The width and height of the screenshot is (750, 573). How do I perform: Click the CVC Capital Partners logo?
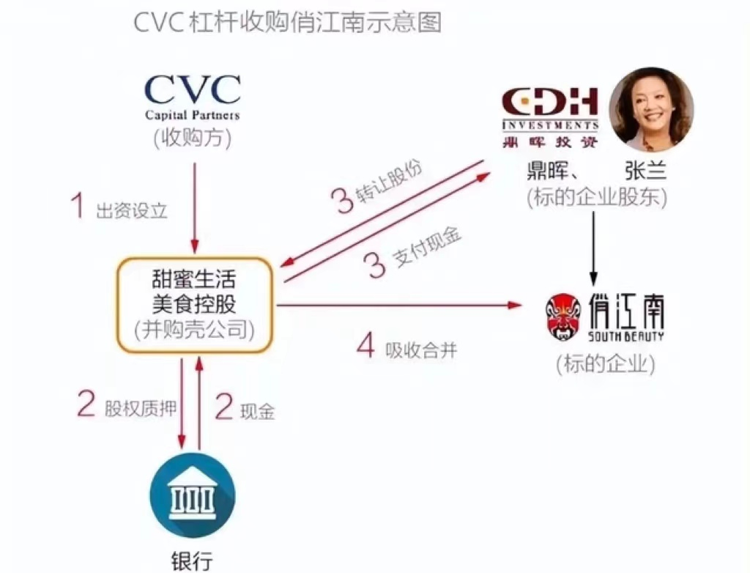pyautogui.click(x=193, y=96)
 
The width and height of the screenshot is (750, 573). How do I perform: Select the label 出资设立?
pyautogui.click(x=132, y=212)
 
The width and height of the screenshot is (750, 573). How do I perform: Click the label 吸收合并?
pyautogui.click(x=421, y=350)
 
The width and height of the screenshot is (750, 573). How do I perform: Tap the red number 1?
pyautogui.click(x=78, y=207)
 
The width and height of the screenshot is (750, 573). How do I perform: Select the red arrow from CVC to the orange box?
pyautogui.click(x=195, y=205)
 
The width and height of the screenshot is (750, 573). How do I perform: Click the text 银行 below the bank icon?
pyautogui.click(x=193, y=559)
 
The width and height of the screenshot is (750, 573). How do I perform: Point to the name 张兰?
pyautogui.click(x=645, y=171)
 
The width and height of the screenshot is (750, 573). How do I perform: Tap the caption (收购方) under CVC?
pyautogui.click(x=193, y=138)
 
